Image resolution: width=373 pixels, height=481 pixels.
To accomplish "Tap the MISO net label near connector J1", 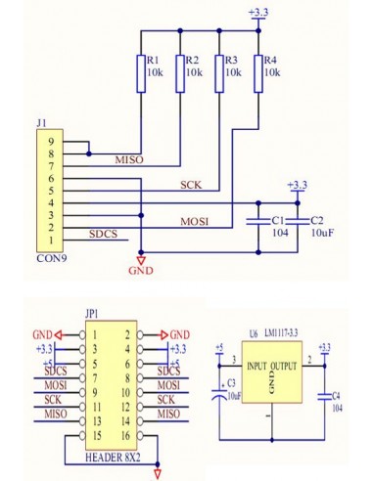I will point(129,159).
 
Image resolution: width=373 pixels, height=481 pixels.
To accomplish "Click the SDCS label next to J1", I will point(103,235).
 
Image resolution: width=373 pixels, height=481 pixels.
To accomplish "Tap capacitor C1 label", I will point(278,222).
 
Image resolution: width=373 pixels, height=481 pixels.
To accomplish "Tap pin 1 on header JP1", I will point(96,334).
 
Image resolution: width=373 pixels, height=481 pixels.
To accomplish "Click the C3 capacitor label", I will point(231,383).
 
